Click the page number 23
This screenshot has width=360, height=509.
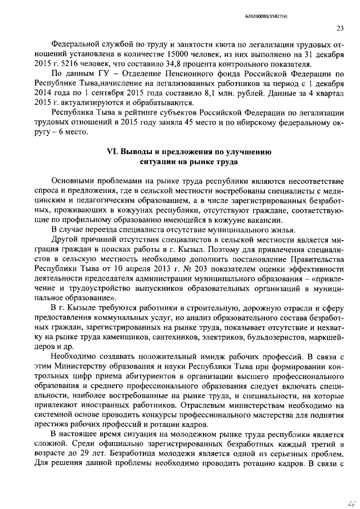[x=340, y=29]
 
